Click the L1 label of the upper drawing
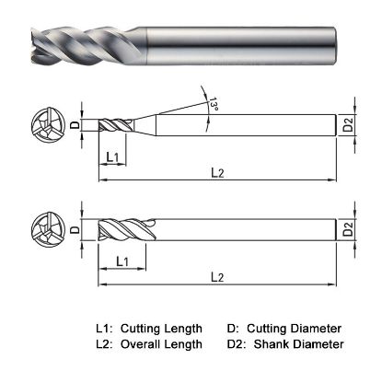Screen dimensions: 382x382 [x=111, y=157]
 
